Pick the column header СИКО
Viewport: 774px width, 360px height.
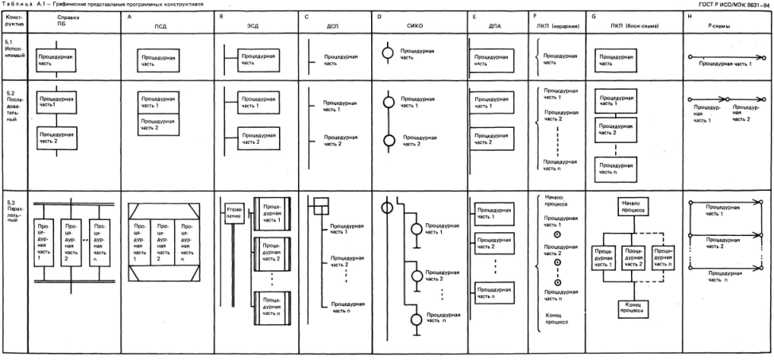415,25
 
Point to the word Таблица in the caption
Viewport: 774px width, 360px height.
15,4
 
